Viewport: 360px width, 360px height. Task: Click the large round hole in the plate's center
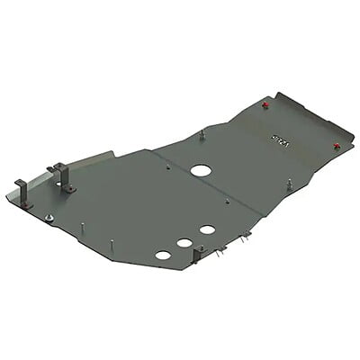[x=200, y=171]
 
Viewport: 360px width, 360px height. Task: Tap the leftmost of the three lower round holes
[x=163, y=255]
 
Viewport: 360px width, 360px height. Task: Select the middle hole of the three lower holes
[x=184, y=242]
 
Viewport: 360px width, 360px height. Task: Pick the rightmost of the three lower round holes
[x=207, y=229]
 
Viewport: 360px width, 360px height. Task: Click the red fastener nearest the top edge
[x=265, y=105]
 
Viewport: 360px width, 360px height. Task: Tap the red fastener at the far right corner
[x=336, y=146]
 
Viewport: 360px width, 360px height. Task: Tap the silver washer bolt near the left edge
[x=51, y=218]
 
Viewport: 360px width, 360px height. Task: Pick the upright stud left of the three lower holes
[x=112, y=246]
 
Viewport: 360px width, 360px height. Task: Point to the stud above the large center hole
[x=202, y=135]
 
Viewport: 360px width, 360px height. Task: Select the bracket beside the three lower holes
[x=195, y=255]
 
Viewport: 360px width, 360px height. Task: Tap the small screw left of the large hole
[x=168, y=166]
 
